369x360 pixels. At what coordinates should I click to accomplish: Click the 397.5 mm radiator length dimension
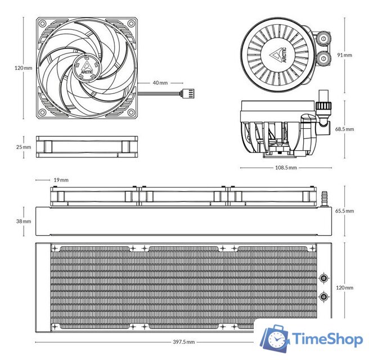184,342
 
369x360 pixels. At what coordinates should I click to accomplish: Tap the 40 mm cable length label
160,83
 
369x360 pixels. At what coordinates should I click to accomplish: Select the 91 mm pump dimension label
344,55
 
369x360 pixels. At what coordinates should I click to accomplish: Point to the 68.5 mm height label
344,129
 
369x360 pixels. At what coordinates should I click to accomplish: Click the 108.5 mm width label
286,168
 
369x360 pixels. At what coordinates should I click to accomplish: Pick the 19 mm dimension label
61,180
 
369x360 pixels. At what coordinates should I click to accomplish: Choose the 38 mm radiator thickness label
24,221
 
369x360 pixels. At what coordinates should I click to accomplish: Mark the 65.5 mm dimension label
344,211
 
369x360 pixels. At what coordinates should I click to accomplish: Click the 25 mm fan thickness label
24,147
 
